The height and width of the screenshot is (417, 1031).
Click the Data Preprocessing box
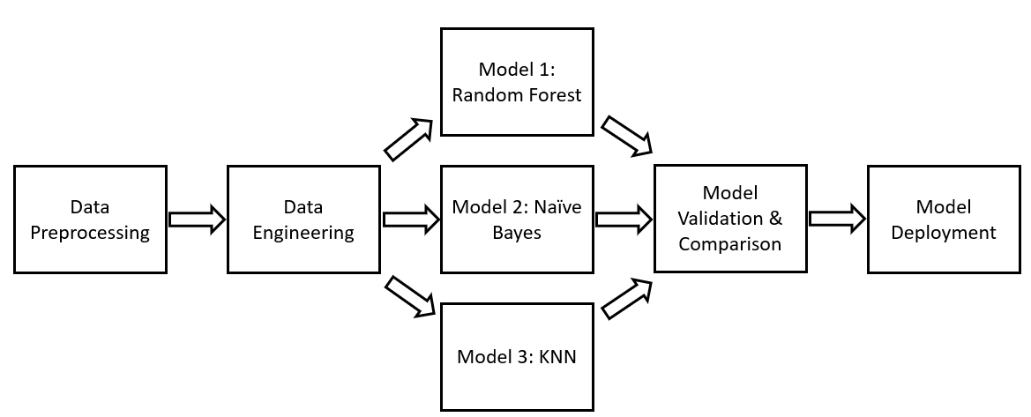coord(90,219)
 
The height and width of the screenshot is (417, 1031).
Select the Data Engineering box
coord(303,219)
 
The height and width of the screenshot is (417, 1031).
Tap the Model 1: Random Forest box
coord(517,82)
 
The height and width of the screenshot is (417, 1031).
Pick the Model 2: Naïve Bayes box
coord(517,219)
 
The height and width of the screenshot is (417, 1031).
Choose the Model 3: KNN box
coord(517,356)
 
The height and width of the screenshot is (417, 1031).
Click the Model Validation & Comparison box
coord(730,219)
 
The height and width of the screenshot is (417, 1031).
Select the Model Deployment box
coord(944,219)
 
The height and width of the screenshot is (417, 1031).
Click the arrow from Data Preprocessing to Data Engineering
coord(198,219)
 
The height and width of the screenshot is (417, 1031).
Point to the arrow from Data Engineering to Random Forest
coord(408,139)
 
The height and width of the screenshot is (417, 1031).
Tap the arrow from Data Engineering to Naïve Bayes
coord(411,219)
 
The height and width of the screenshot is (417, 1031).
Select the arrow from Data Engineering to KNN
coord(409,296)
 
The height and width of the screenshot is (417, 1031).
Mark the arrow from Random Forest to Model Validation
coord(626,136)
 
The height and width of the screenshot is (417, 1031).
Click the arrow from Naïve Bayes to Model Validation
coord(624,219)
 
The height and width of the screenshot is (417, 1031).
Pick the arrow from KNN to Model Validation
coord(626,299)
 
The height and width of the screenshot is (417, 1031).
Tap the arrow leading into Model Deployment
coord(838,219)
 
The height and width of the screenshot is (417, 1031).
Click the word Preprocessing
coord(90,233)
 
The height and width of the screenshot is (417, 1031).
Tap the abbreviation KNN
coord(557,357)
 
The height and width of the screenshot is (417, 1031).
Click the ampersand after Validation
coord(775,219)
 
